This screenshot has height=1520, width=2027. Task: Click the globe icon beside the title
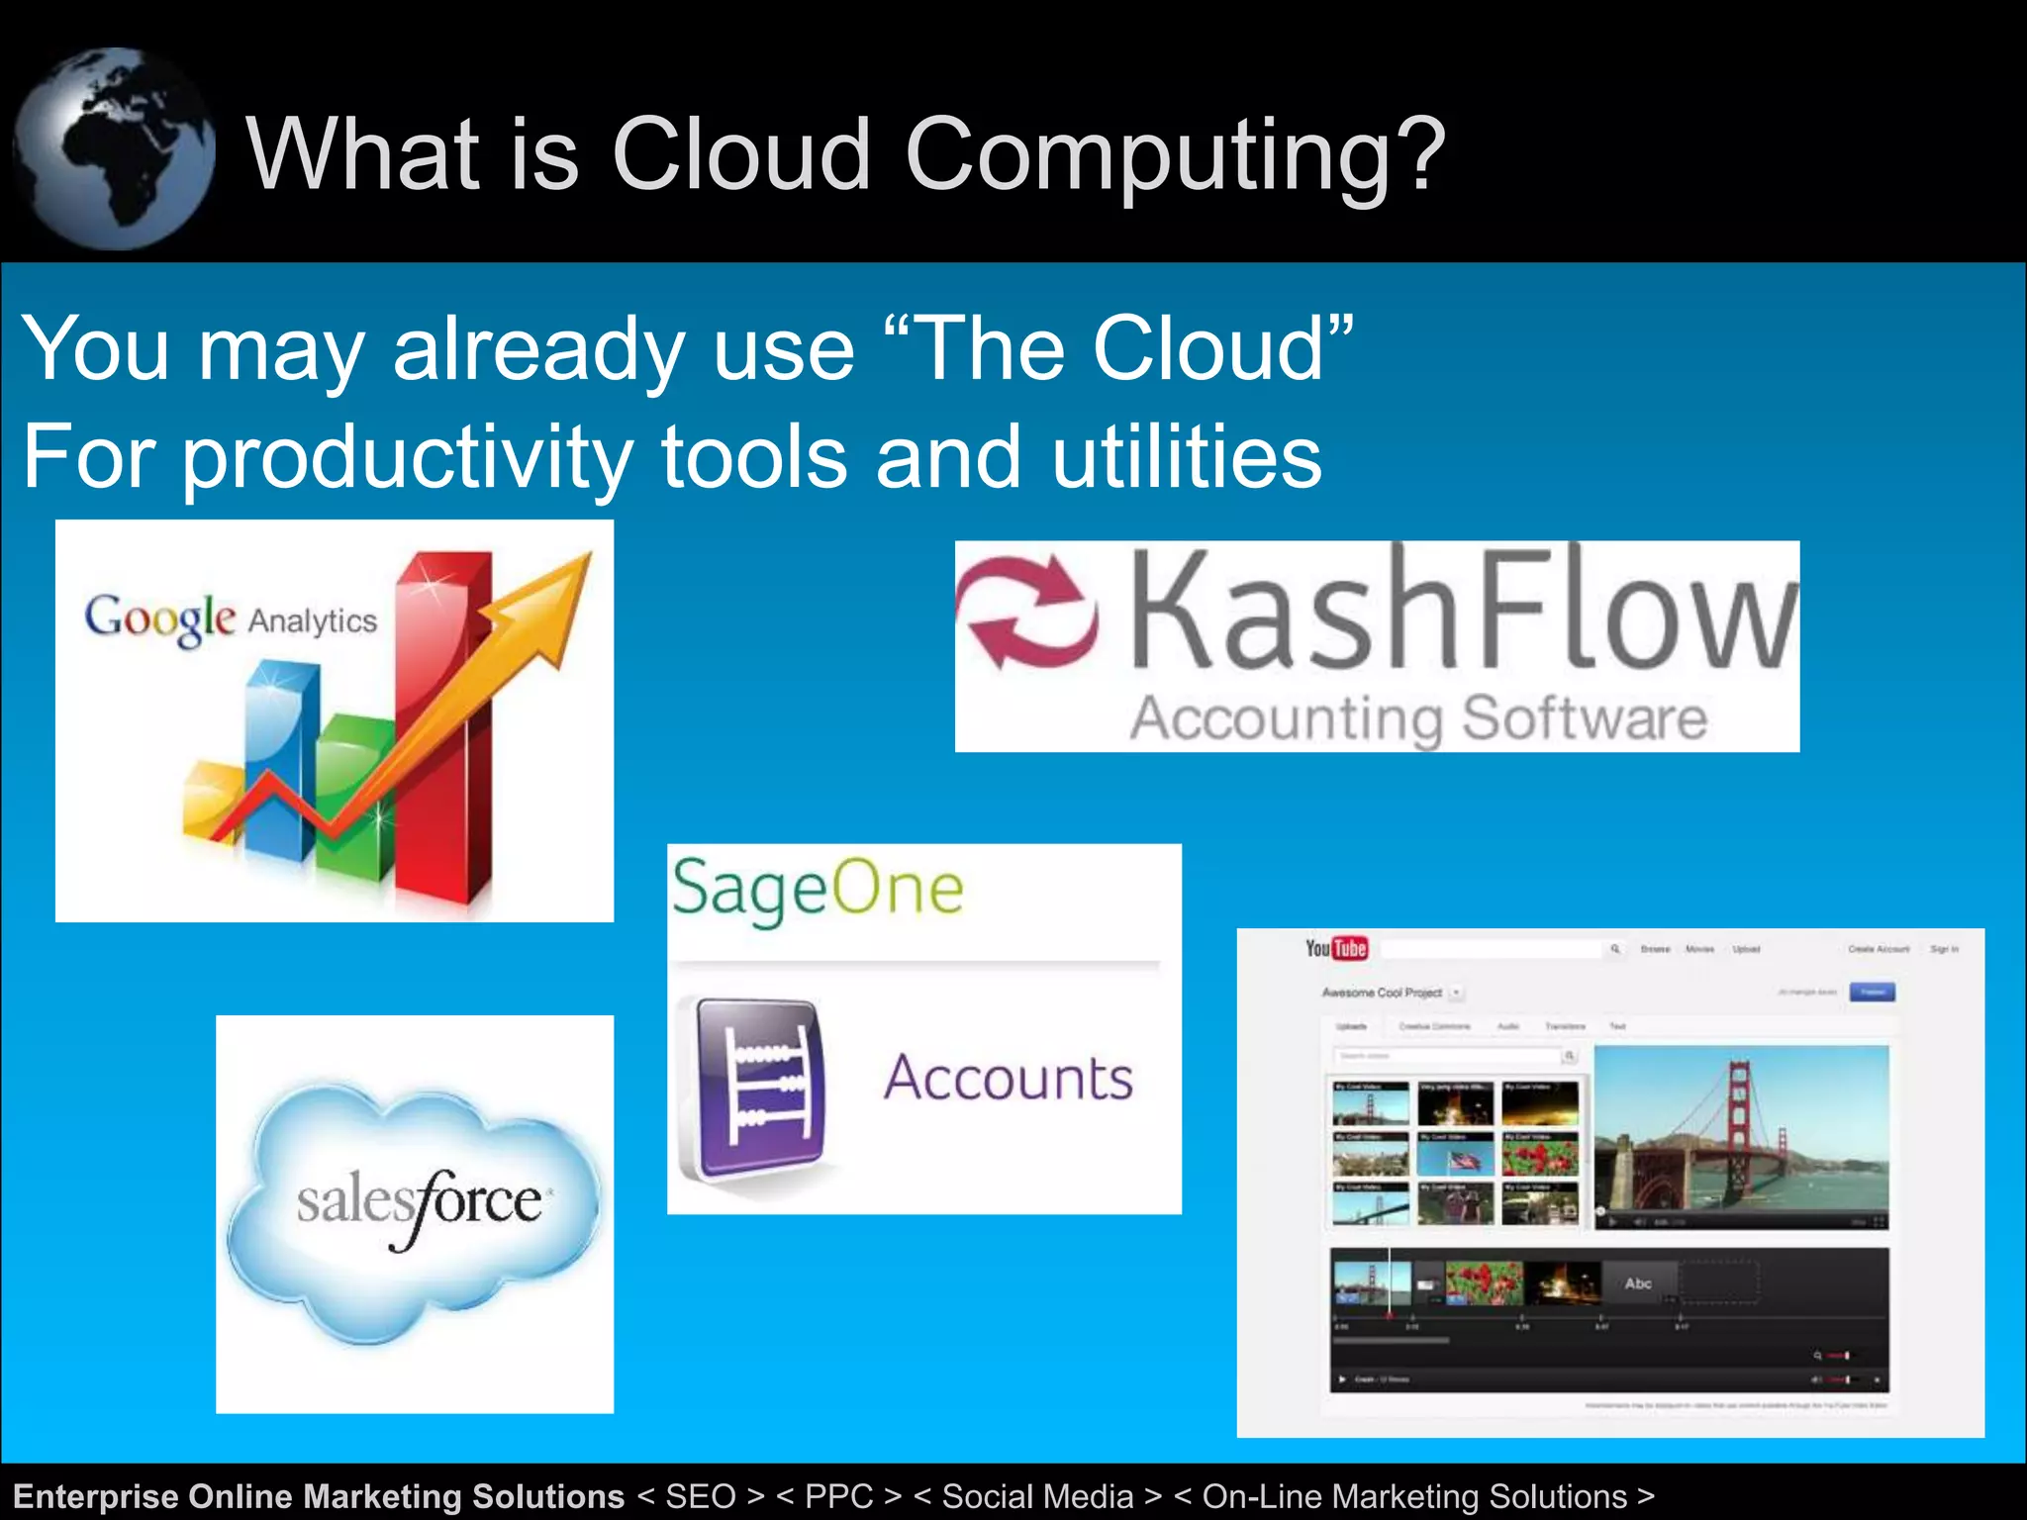pyautogui.click(x=114, y=148)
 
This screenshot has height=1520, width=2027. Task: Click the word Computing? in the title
pyautogui.click(x=1175, y=155)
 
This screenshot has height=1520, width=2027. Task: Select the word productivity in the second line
pyautogui.click(x=407, y=457)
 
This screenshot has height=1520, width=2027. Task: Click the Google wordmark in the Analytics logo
pyautogui.click(x=159, y=618)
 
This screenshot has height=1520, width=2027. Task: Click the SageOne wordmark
pyautogui.click(x=818, y=888)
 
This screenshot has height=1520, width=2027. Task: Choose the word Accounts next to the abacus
pyautogui.click(x=1008, y=1078)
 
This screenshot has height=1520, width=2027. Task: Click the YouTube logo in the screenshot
pyautogui.click(x=1336, y=948)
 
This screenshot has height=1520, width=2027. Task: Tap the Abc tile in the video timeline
pyautogui.click(x=1638, y=1283)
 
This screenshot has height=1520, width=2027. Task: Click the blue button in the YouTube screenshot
pyautogui.click(x=1873, y=992)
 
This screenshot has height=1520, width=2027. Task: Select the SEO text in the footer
pyautogui.click(x=700, y=1496)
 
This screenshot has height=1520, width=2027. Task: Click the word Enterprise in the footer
pyautogui.click(x=95, y=1496)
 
